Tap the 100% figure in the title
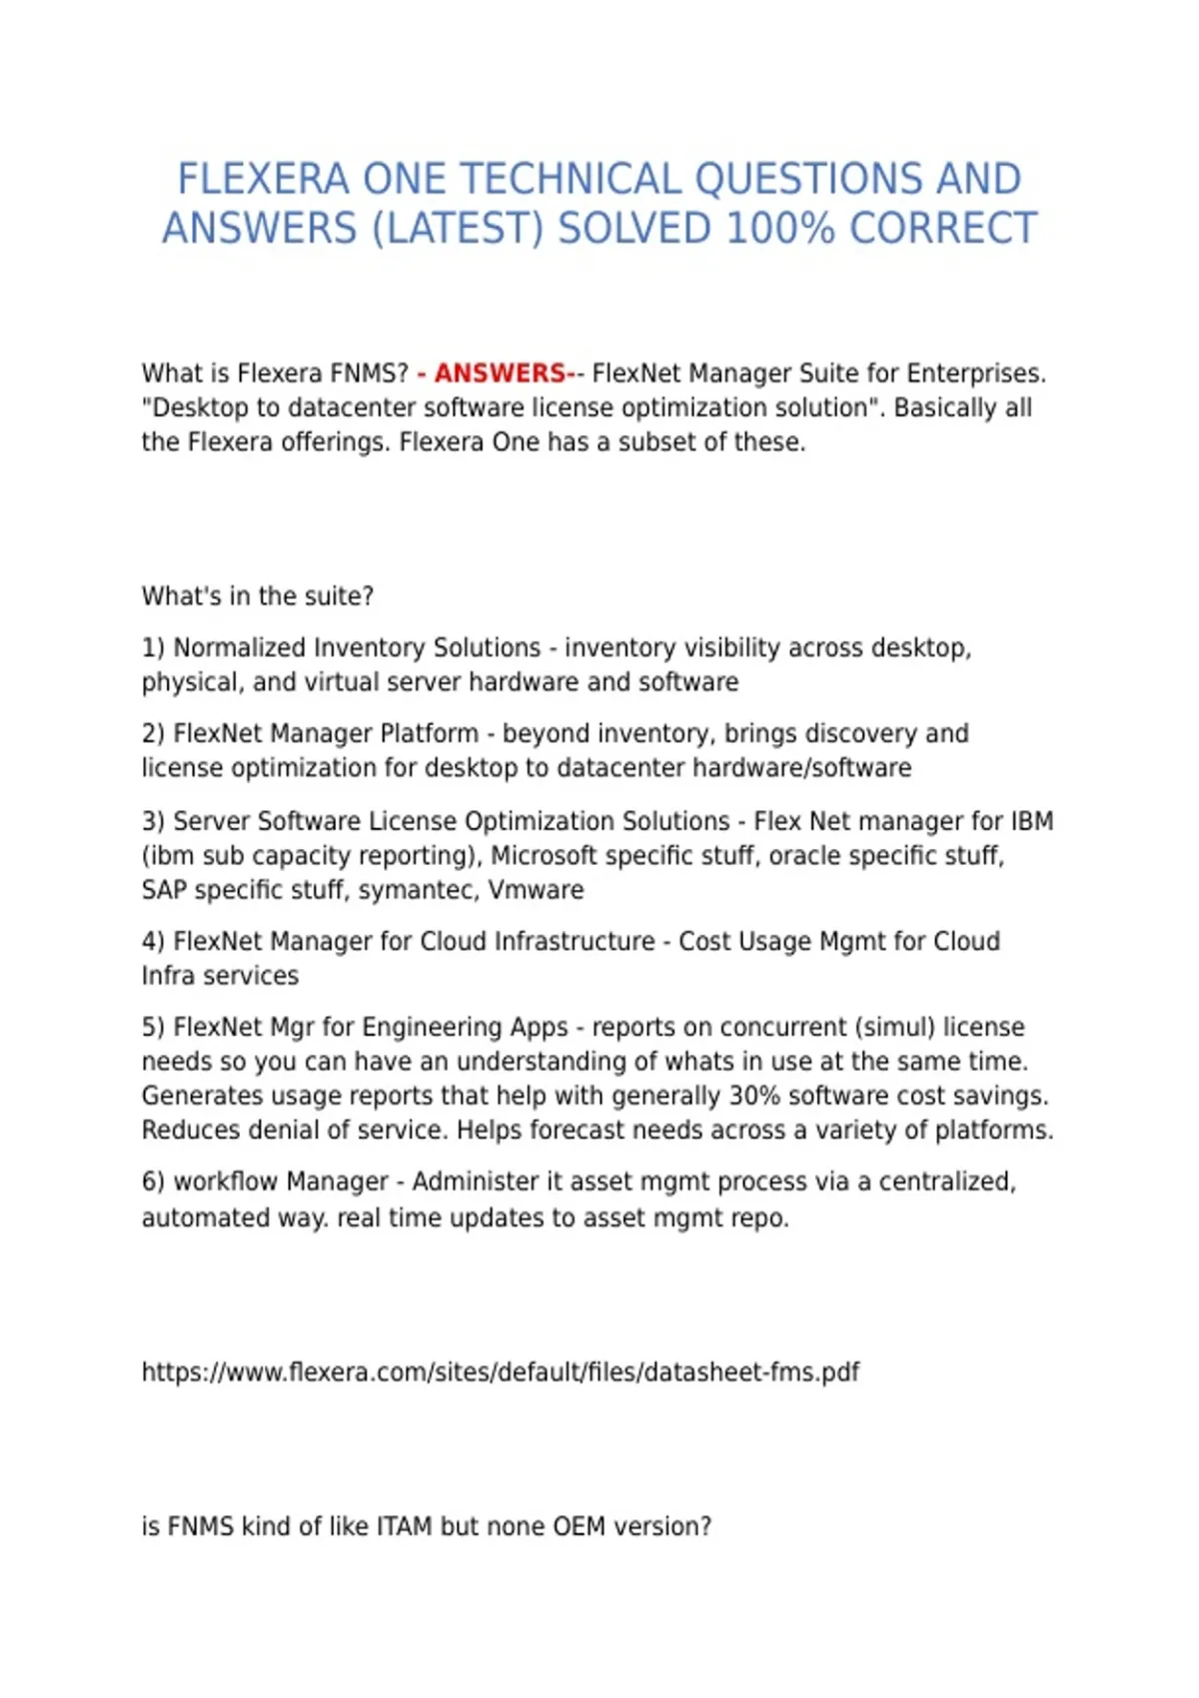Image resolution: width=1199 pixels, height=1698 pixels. coord(779,229)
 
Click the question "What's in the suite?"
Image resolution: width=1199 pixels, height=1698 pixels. coord(258,596)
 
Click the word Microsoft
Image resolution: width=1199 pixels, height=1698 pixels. coord(544,856)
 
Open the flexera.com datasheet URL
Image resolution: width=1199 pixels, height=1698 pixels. coord(500,1372)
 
